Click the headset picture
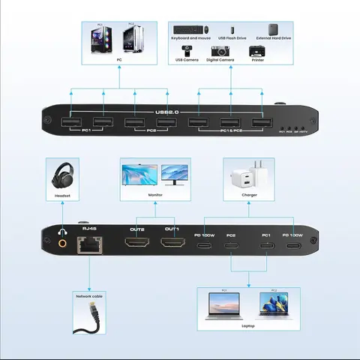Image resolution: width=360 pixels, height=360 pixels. tap(62, 178)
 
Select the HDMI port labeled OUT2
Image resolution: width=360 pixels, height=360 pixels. tap(136, 244)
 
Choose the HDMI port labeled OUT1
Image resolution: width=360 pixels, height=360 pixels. tap(172, 244)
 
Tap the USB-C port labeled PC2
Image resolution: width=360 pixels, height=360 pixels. tap(232, 245)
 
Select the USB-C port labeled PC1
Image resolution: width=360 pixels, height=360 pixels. tap(265, 245)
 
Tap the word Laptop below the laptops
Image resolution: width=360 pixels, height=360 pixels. tap(248, 325)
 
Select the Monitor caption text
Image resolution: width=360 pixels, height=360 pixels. tap(155, 194)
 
